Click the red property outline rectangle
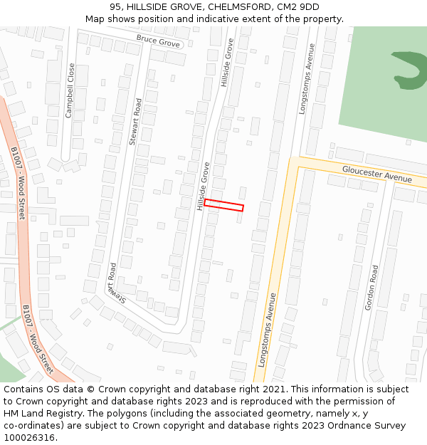[x=223, y=205]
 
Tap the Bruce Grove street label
[x=158, y=41]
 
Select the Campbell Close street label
[x=70, y=90]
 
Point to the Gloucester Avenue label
[x=377, y=173]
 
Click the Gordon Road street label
[x=371, y=288]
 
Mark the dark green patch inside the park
[x=409, y=70]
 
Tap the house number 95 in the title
[x=115, y=7]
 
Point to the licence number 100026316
[x=28, y=437]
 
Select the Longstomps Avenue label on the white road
[x=307, y=78]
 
